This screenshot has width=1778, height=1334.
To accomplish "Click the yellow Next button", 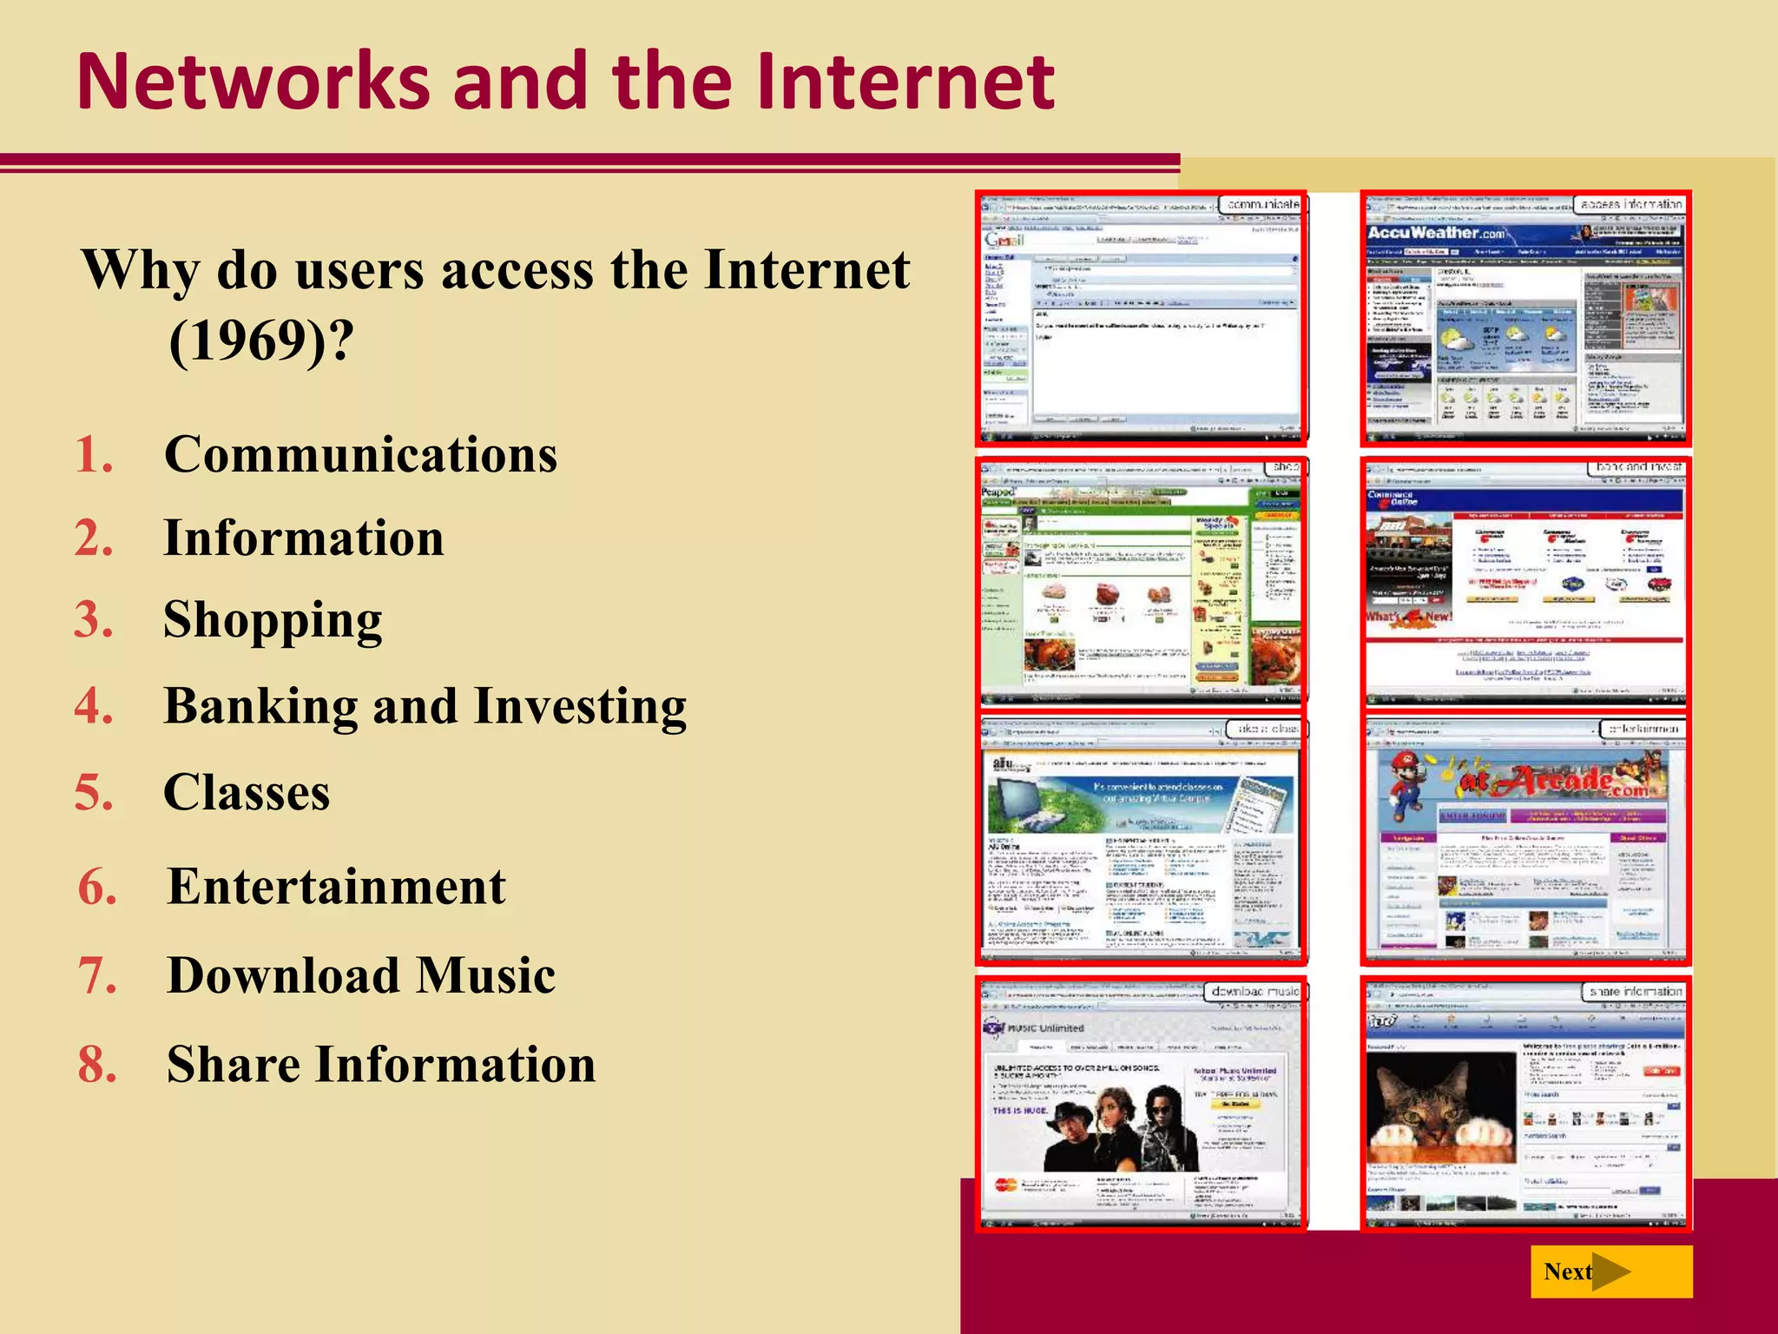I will click(1610, 1271).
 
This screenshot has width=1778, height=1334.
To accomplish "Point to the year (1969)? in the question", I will click(261, 340).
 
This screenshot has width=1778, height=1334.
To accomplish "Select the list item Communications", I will click(360, 454).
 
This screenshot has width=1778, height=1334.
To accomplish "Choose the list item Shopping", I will click(273, 621).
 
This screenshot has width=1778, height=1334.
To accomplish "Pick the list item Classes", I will click(247, 792).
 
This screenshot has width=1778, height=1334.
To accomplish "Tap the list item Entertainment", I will click(336, 887).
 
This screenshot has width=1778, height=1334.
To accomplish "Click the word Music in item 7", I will click(485, 975).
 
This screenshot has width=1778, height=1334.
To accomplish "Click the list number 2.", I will click(94, 538).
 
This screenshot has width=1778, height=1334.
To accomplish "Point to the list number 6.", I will click(97, 887).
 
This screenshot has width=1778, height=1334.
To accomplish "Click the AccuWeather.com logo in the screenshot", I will click(1436, 233).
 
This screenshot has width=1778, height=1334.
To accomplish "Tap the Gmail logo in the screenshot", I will click(1004, 239).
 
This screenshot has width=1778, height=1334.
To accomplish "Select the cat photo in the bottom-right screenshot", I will click(1441, 1107).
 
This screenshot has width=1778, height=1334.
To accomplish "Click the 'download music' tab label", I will click(1254, 991).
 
